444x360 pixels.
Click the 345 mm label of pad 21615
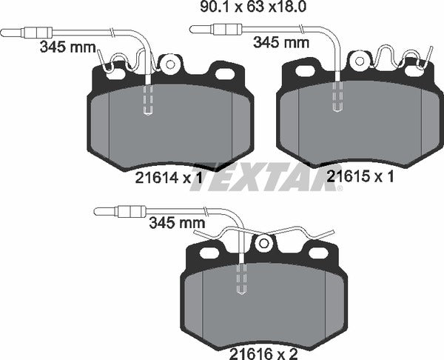tap(281, 43)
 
